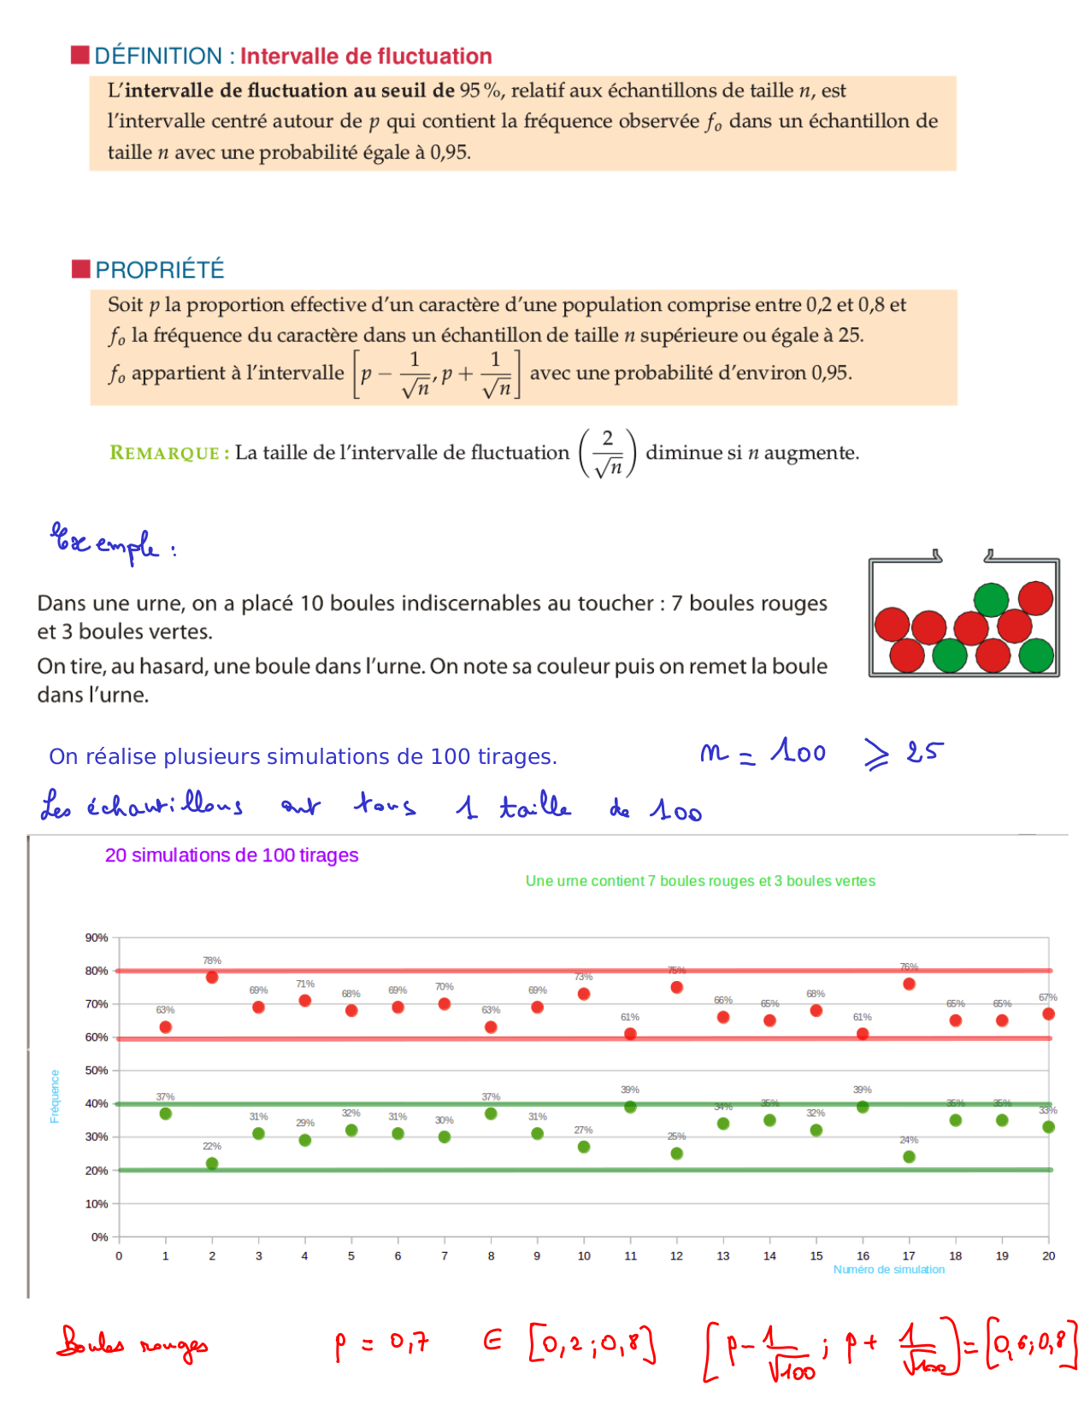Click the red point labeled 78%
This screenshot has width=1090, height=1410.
pyautogui.click(x=212, y=977)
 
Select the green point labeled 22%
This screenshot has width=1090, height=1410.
pyautogui.click(x=212, y=1163)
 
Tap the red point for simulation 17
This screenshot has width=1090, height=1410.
pyautogui.click(x=909, y=984)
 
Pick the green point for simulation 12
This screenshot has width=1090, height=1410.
pyautogui.click(x=676, y=1153)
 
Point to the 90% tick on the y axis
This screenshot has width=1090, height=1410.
pyautogui.click(x=97, y=937)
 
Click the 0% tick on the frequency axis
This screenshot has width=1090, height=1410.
pyautogui.click(x=99, y=1237)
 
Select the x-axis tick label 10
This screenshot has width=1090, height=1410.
pyautogui.click(x=584, y=1255)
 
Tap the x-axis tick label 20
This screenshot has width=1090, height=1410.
pyautogui.click(x=1048, y=1255)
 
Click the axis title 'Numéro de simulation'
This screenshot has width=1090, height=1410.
pyautogui.click(x=888, y=1269)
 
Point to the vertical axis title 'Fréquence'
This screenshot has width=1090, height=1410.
pyautogui.click(x=55, y=1096)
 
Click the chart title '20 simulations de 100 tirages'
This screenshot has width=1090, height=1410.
pyautogui.click(x=231, y=855)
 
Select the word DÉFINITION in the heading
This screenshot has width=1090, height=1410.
pyautogui.click(x=158, y=56)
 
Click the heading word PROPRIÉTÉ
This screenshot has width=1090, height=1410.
pyautogui.click(x=160, y=270)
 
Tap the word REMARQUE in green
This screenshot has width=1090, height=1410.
pyautogui.click(x=164, y=453)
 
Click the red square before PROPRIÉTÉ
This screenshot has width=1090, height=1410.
pyautogui.click(x=81, y=268)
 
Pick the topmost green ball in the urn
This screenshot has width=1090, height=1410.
pyautogui.click(x=991, y=599)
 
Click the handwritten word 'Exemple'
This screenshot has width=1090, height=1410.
pyautogui.click(x=106, y=543)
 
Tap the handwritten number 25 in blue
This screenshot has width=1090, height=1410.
pyautogui.click(x=924, y=752)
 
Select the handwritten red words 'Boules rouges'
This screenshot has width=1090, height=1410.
pyautogui.click(x=133, y=1343)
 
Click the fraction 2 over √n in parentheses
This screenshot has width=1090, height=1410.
pyautogui.click(x=608, y=453)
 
